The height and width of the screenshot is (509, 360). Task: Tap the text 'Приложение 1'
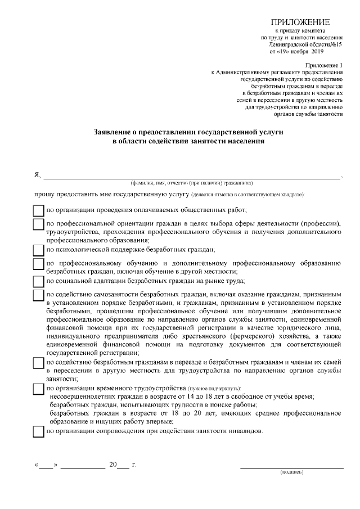click(x=325, y=65)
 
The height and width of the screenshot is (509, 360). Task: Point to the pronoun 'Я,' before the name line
click(x=37, y=175)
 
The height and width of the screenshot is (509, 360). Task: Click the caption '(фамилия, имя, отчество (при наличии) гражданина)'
click(x=191, y=183)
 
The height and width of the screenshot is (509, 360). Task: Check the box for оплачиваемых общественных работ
click(x=38, y=211)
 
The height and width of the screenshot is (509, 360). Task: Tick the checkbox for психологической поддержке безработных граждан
click(x=38, y=250)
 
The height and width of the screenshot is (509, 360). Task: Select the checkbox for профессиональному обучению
click(x=38, y=263)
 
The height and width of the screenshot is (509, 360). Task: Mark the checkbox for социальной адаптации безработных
click(x=38, y=281)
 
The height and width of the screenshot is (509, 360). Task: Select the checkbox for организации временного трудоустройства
click(x=38, y=389)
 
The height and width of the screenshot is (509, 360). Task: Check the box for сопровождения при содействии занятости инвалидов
click(x=38, y=432)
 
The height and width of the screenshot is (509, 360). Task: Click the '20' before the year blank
click(x=112, y=465)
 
